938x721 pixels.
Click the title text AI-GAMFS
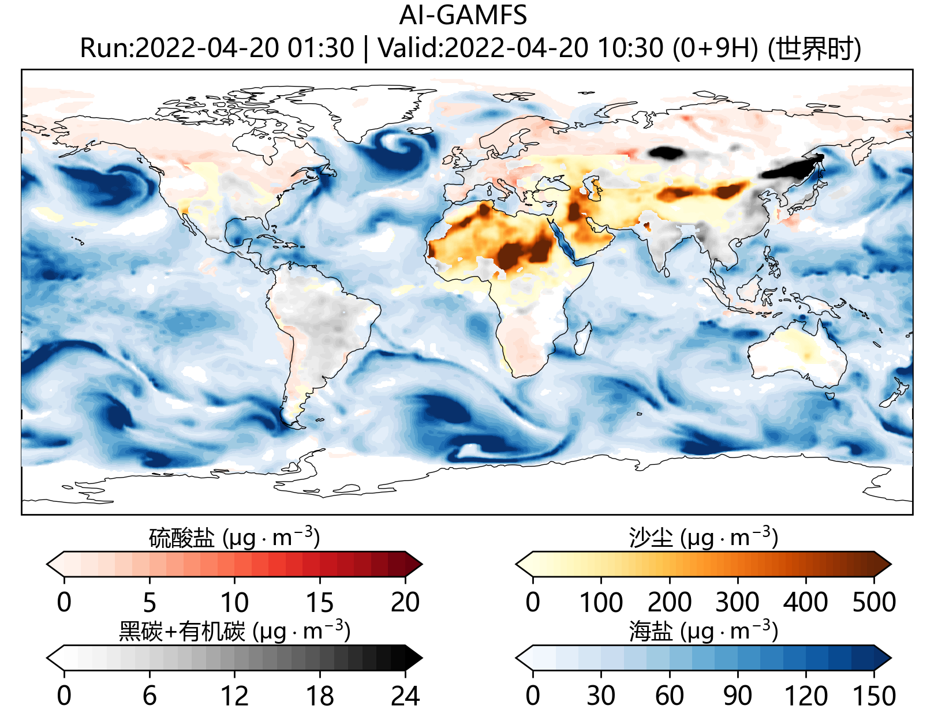463,16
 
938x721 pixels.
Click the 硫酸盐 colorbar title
181,538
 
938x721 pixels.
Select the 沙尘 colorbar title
651,538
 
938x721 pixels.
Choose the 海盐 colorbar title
651,632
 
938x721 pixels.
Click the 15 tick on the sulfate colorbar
319,603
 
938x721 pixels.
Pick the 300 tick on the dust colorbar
738,603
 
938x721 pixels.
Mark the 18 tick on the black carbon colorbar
319,696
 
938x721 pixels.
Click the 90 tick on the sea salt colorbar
738,696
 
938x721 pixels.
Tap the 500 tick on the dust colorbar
874,603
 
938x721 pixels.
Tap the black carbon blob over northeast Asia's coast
794,167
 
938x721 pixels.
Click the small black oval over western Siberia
666,152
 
